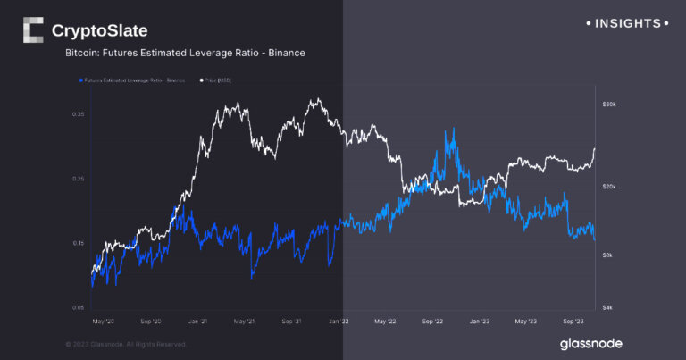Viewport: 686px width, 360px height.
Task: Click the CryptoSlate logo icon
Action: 32,30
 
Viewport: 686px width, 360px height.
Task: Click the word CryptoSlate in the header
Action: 99,31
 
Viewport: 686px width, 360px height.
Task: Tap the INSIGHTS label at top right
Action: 626,22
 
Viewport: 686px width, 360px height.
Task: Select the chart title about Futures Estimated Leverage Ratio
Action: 186,54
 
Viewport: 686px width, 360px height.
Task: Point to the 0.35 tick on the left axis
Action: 78,114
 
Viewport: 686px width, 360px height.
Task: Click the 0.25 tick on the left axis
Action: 78,179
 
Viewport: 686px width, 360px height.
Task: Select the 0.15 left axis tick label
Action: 78,243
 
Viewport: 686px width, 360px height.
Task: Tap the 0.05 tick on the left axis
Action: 78,307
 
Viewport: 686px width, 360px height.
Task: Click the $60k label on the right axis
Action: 610,105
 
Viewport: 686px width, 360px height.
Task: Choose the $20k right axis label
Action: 610,187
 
